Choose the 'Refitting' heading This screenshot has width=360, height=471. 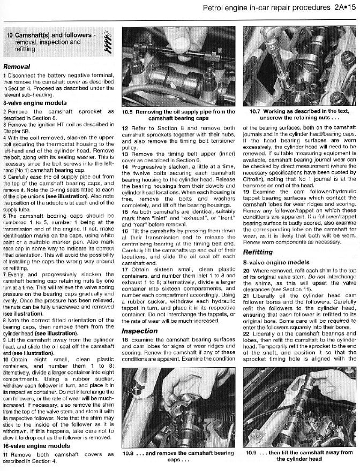pyautogui.click(x=258, y=251)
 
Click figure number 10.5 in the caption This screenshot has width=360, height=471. pyautogui.click(x=128, y=112)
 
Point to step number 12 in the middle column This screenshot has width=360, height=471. pyautogui.click(x=125, y=128)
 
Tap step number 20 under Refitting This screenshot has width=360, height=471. pyautogui.click(x=246, y=271)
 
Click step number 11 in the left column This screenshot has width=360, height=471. pyautogui.click(x=6, y=454)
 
